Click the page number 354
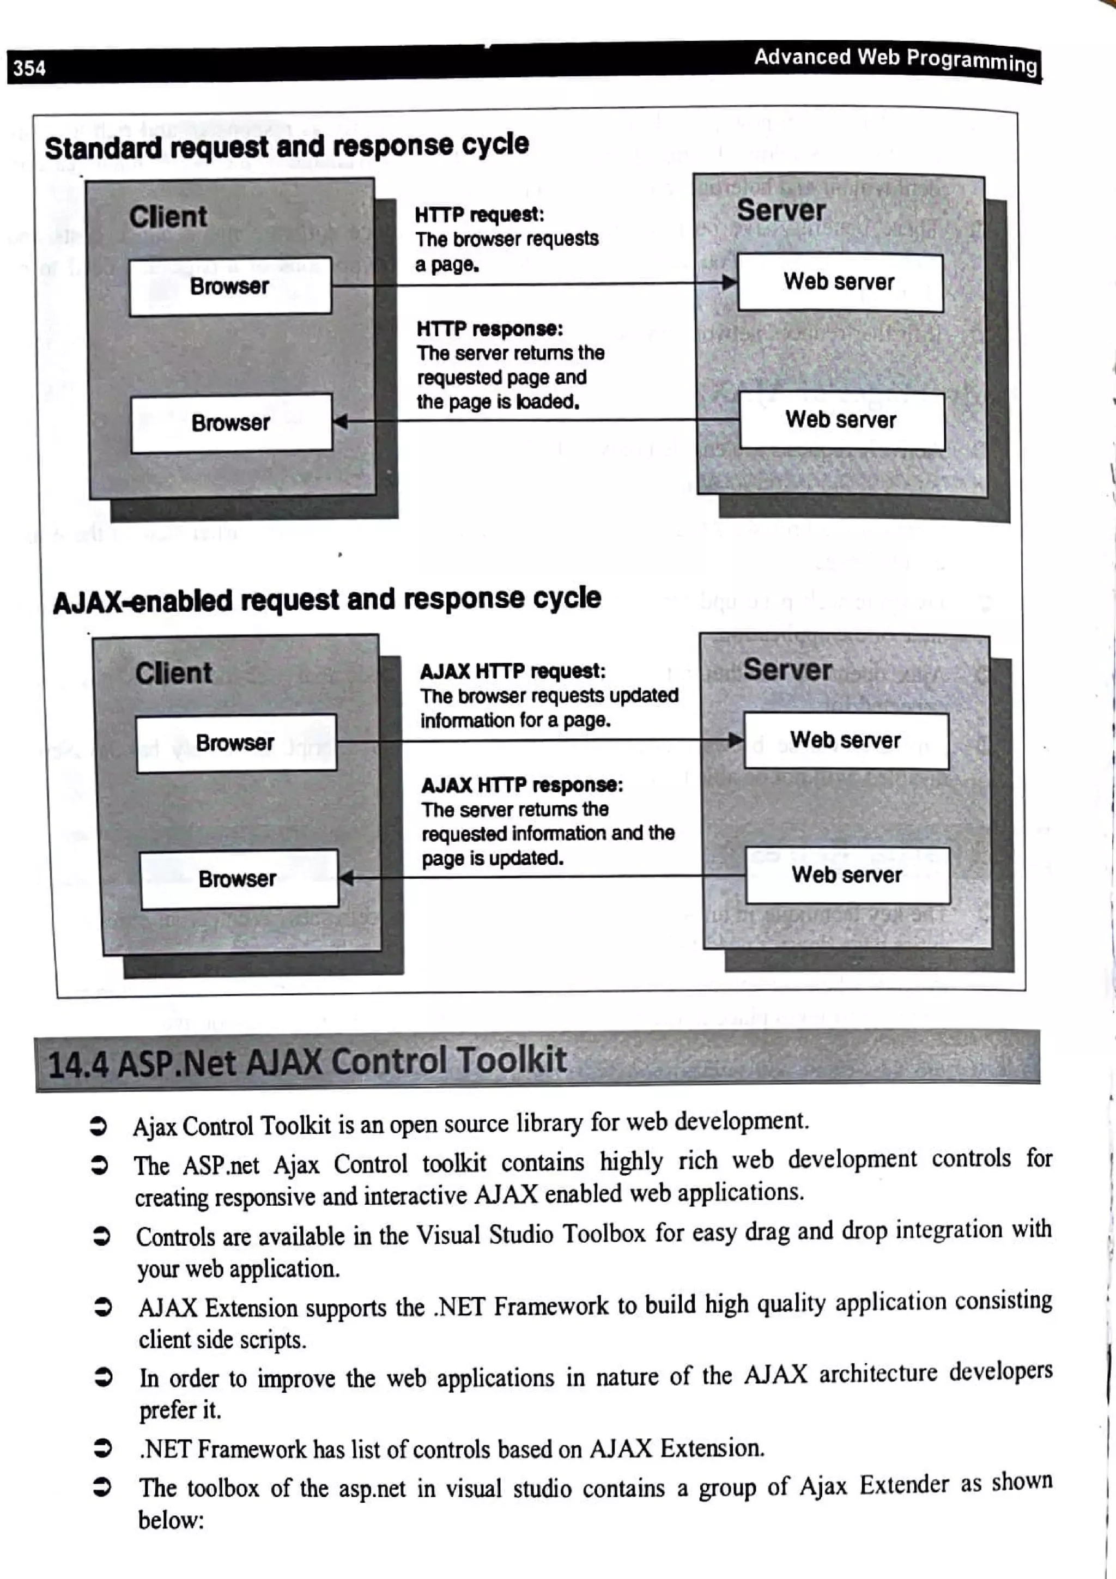(29, 68)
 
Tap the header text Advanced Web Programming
(895, 60)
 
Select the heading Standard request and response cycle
(287, 146)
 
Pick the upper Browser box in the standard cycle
(229, 286)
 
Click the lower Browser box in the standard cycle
(231, 422)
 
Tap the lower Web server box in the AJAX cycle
(847, 875)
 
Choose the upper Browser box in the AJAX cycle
(235, 743)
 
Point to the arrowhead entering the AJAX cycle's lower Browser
(347, 878)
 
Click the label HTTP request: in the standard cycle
(480, 215)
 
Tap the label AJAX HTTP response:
(522, 785)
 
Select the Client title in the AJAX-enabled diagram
(173, 672)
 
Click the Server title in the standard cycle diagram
(781, 210)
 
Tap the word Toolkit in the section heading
(512, 1060)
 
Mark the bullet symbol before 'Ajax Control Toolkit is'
(98, 1126)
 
